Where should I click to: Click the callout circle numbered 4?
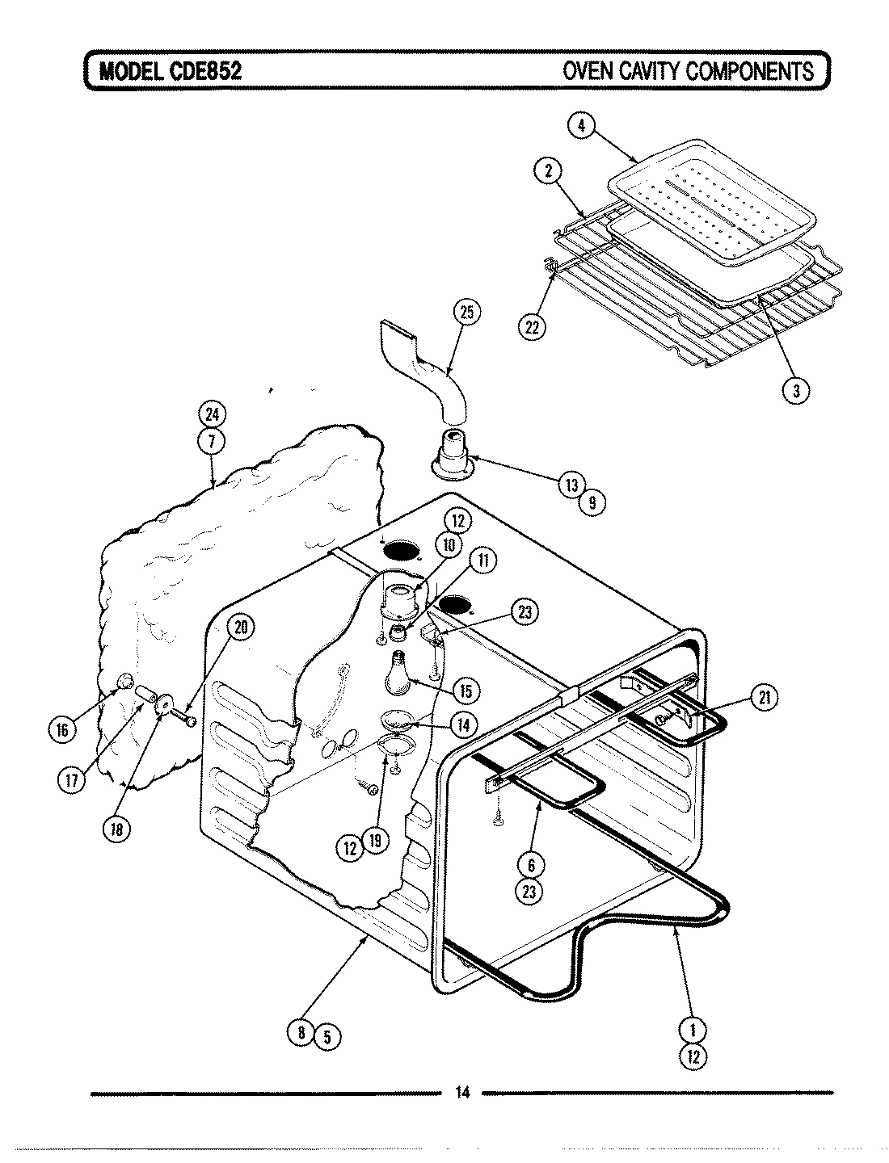pyautogui.click(x=580, y=126)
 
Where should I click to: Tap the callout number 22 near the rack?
pyautogui.click(x=531, y=325)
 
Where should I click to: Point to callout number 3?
pyautogui.click(x=796, y=390)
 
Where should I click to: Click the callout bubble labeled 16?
pyautogui.click(x=62, y=730)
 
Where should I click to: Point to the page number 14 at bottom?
pyautogui.click(x=462, y=1094)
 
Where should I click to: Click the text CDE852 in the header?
pyautogui.click(x=204, y=71)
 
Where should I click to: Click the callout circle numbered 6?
pyautogui.click(x=531, y=865)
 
